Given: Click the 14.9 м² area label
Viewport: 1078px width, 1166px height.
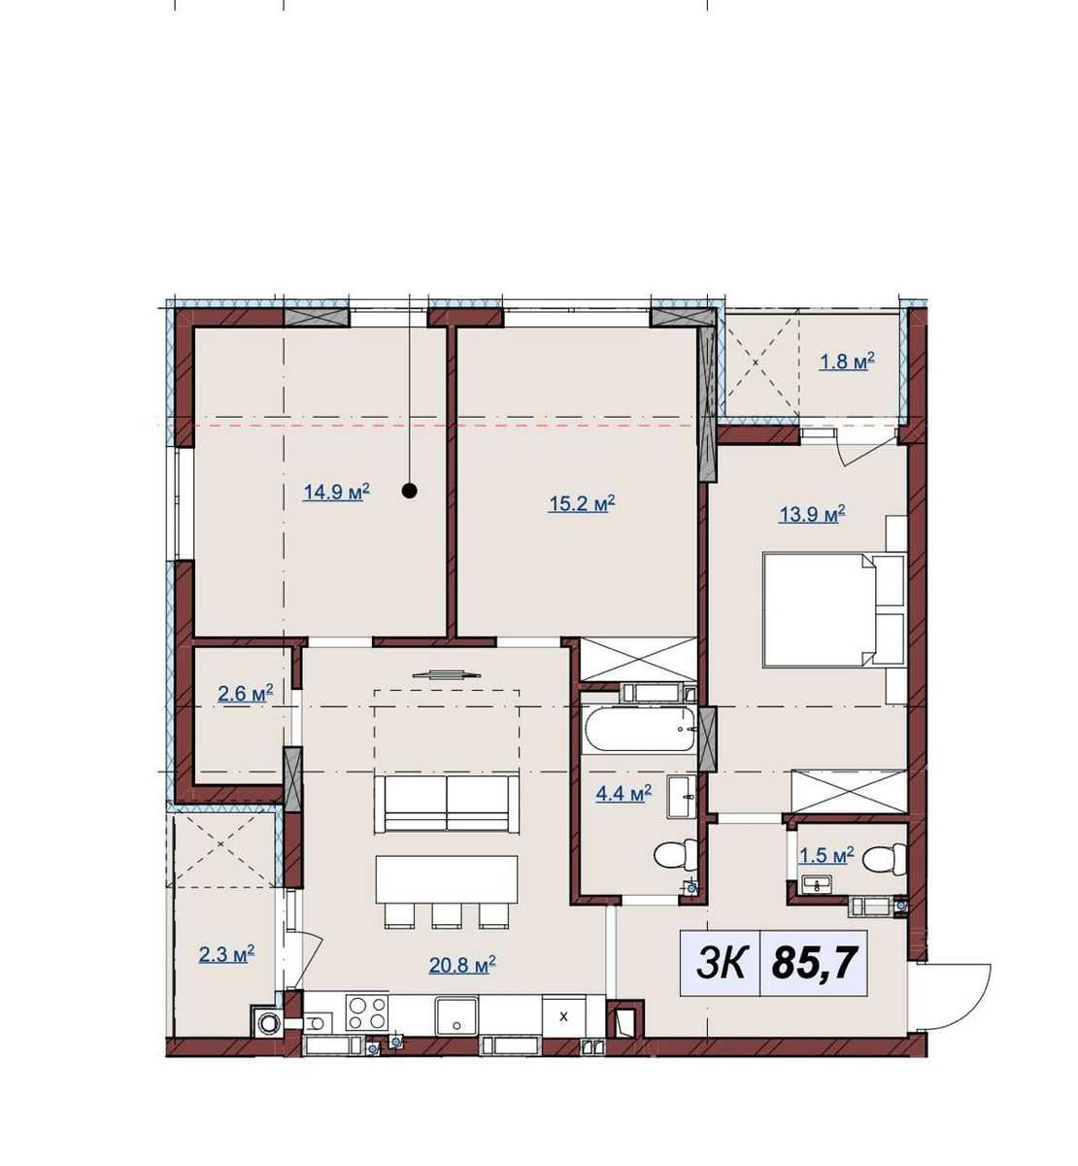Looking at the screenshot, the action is pos(336,492).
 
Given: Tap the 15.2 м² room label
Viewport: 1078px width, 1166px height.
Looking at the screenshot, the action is pos(582,503).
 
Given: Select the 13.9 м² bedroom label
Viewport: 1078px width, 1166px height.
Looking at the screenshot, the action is pos(812,514).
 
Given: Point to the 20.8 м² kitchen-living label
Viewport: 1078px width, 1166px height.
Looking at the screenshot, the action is pos(462,964).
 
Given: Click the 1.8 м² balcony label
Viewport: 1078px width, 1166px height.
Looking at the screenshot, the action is pos(848,361).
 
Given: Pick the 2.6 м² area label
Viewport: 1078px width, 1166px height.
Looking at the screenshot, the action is pos(246,694).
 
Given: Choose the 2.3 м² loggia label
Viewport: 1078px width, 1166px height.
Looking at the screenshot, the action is pos(226,953).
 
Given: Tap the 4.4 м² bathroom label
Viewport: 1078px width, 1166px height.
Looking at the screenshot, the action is pos(623,794).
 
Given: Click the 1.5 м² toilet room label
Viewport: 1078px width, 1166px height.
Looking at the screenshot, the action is pos(826,855).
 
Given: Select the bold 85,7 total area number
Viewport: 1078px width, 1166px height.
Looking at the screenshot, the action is pos(813,963).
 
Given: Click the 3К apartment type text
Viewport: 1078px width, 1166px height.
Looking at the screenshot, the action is pos(721,964).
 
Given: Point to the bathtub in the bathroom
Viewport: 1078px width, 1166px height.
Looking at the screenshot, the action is pos(641,729).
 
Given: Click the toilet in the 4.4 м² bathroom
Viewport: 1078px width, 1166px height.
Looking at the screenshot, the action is pos(676,855).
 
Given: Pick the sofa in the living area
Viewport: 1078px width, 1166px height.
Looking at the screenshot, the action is pos(447,804).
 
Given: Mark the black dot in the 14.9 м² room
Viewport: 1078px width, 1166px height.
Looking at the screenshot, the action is pos(410,491).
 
